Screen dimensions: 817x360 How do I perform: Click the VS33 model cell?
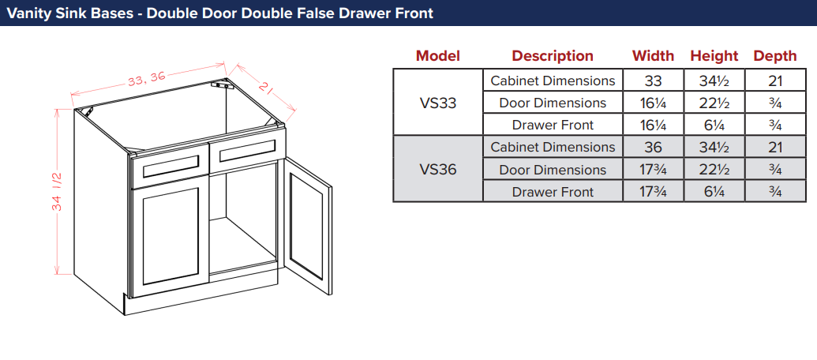[x=437, y=103]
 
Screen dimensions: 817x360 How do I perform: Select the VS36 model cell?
[x=437, y=169]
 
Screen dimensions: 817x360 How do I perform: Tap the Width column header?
[x=653, y=56]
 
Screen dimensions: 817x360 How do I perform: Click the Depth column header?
[x=775, y=56]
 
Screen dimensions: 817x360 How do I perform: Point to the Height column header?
[x=714, y=56]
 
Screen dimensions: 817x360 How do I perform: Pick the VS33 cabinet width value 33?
[x=653, y=81]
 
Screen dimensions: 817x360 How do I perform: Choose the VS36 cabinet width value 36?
[x=653, y=148]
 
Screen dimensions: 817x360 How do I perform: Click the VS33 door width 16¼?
[x=653, y=103]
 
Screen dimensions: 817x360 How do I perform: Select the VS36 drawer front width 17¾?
[x=653, y=192]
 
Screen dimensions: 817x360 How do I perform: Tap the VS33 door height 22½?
[x=714, y=103]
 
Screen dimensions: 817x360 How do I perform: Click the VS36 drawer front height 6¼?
[x=714, y=192]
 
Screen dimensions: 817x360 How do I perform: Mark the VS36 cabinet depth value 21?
[x=775, y=148]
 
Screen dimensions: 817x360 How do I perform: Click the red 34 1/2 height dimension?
[x=58, y=192]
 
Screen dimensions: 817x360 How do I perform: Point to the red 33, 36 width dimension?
[x=146, y=79]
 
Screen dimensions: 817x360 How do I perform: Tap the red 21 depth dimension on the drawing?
[x=265, y=88]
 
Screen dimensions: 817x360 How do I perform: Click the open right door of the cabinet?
[x=306, y=227]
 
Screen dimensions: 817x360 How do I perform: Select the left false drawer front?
[x=169, y=167]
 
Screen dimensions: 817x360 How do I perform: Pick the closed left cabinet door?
[x=171, y=237]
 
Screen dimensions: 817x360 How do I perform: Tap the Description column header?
[x=553, y=56]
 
